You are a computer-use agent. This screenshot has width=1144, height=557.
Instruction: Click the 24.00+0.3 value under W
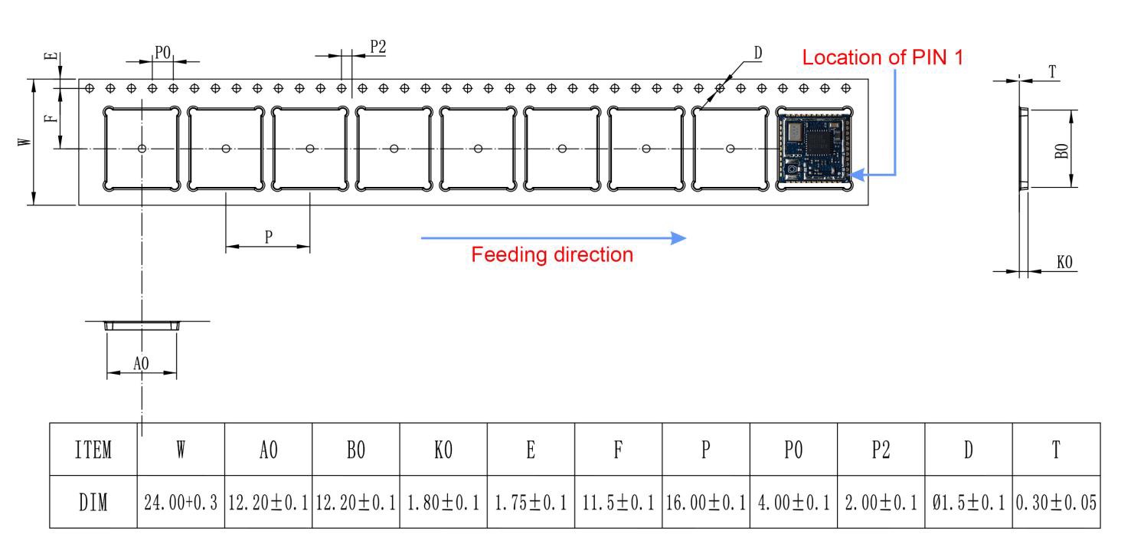[x=181, y=503]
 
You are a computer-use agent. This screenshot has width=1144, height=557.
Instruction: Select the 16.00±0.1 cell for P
[x=705, y=503]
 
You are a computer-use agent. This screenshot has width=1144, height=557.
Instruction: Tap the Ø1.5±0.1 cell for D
[x=968, y=503]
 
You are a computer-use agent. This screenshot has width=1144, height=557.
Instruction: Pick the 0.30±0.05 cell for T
[x=1056, y=503]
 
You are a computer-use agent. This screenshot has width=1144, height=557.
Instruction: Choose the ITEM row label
[x=93, y=450]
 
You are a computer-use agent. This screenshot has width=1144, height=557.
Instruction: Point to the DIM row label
[x=93, y=503]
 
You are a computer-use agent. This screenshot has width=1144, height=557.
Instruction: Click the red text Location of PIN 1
[x=883, y=57]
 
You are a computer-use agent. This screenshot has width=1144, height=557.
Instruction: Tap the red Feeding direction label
[x=552, y=255]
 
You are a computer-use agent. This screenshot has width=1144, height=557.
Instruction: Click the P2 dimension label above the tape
[x=378, y=47]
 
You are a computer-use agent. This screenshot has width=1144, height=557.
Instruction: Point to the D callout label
[x=757, y=53]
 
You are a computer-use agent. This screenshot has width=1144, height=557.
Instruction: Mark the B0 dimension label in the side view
[x=1061, y=148]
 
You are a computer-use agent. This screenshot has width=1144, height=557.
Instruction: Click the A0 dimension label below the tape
[x=141, y=363]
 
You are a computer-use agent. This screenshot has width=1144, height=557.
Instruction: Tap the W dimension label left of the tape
[x=26, y=142]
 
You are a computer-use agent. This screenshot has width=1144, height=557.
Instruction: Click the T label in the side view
[x=1053, y=71]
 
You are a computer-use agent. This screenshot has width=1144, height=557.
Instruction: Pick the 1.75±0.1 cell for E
[x=530, y=503]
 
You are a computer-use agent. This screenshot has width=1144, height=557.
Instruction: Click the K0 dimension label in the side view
[x=1064, y=262]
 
